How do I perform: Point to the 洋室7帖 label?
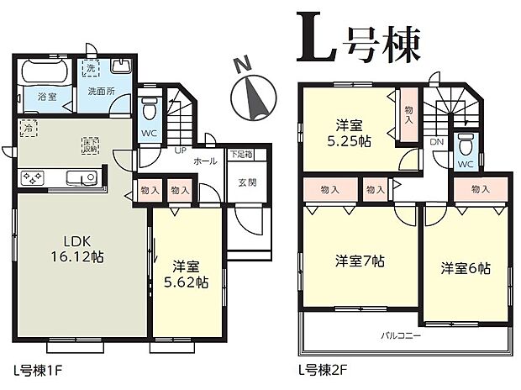point(358,261)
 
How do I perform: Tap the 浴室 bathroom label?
point(46,97)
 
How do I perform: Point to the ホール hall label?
point(205,159)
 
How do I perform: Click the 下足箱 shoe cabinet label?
point(243,155)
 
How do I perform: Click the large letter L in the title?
point(315,38)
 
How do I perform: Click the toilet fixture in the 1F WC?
point(150,109)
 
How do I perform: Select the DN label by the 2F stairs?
point(437,144)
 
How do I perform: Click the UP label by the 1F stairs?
point(179,151)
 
